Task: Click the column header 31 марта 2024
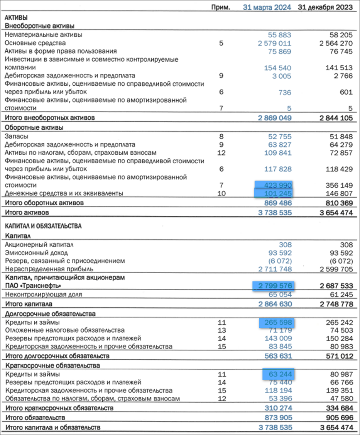267,7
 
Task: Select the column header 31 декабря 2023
325,7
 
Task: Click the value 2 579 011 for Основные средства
274,43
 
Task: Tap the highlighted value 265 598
277,322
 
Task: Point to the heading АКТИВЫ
16,17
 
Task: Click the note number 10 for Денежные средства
221,193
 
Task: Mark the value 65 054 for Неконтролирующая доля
280,295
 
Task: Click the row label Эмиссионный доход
32,253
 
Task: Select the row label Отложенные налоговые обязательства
64,330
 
